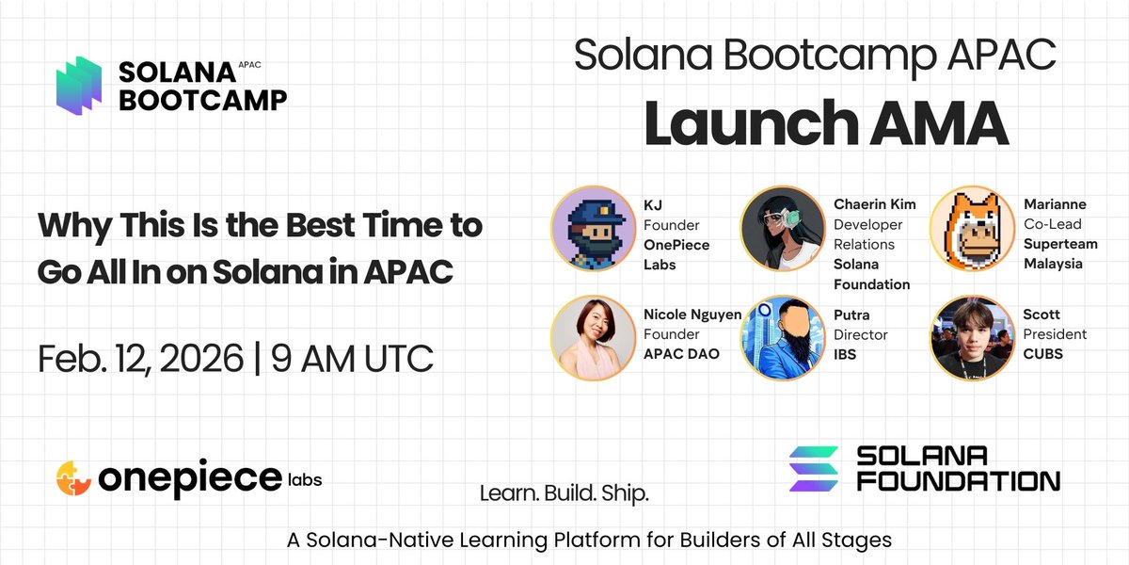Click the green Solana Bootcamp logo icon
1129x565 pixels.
[x=78, y=87]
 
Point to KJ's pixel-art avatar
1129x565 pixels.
[x=590, y=227]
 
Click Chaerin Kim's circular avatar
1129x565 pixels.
[x=780, y=227]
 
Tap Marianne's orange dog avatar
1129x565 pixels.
[x=969, y=227]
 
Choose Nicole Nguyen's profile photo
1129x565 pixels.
[x=590, y=337]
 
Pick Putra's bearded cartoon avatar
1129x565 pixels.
[x=780, y=337]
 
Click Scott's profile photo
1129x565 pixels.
[x=969, y=337]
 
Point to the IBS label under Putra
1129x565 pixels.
[x=846, y=354]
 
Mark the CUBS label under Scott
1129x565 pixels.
[x=1043, y=354]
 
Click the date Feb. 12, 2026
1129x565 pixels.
[x=139, y=358]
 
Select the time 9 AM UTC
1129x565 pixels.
[x=353, y=358]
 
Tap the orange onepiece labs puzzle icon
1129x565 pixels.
[x=74, y=477]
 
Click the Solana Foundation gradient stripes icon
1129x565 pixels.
[x=813, y=468]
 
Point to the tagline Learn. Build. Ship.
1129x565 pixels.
[x=564, y=492]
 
